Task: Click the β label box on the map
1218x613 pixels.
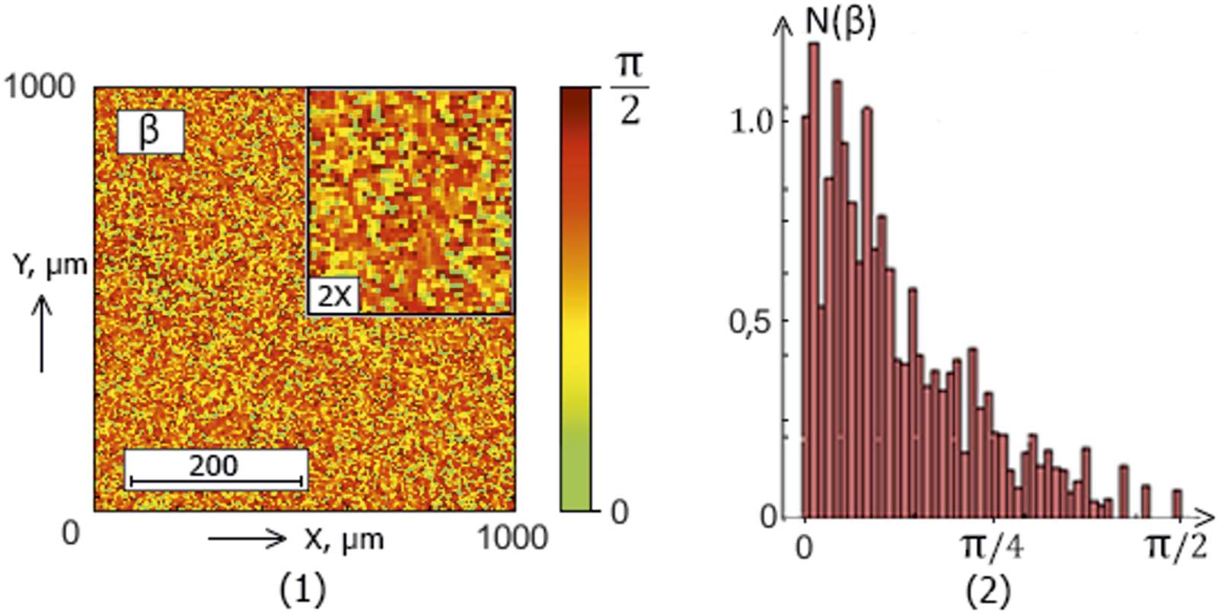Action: click(x=150, y=132)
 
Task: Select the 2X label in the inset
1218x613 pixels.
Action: click(x=334, y=295)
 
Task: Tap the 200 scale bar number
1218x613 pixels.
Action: click(x=213, y=465)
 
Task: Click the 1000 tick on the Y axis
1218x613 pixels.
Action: click(x=40, y=87)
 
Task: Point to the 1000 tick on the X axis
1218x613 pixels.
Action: click(x=512, y=538)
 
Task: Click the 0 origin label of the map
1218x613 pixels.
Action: click(x=70, y=532)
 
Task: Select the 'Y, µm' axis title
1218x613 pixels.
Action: click(x=50, y=265)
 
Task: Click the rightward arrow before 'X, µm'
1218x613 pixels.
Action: click(x=247, y=539)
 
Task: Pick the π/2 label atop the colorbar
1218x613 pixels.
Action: click(x=630, y=87)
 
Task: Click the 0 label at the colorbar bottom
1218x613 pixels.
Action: click(x=620, y=512)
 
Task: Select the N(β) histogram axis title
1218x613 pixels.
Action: click(x=840, y=21)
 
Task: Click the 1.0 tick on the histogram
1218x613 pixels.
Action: click(x=752, y=121)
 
